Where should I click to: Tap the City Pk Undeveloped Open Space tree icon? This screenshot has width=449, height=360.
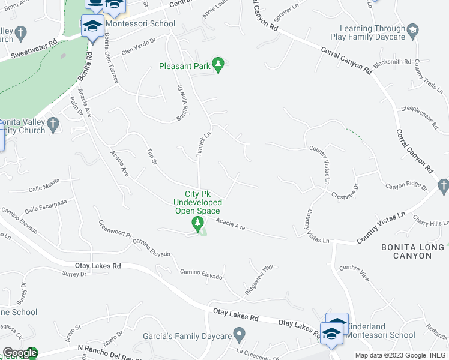point(197,225)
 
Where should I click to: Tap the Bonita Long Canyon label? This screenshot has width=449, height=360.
point(414,251)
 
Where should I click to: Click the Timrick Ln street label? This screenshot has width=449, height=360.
point(203,144)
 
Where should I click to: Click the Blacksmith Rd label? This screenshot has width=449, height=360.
point(391,62)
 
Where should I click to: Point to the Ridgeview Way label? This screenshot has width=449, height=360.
point(259,279)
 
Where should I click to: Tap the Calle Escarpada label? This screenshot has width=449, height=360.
point(46,207)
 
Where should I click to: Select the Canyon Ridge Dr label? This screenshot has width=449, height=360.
point(405,186)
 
